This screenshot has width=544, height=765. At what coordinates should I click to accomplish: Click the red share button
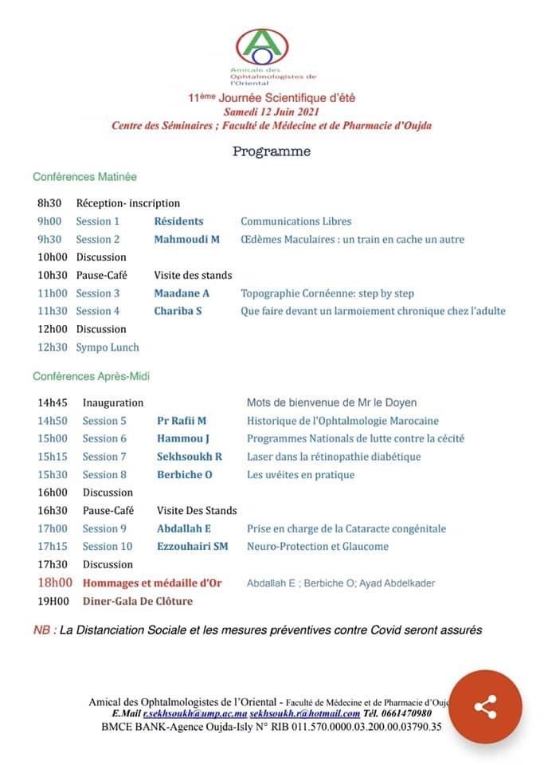(x=485, y=706)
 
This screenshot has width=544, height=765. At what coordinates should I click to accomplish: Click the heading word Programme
(x=272, y=151)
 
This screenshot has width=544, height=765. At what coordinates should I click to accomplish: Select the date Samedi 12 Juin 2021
(x=272, y=112)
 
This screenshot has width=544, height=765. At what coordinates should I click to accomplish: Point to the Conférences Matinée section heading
(x=84, y=177)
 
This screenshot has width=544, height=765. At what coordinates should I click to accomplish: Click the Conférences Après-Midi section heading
(x=91, y=376)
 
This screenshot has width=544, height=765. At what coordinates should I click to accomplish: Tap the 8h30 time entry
(x=49, y=203)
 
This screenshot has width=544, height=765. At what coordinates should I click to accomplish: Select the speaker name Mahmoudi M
(x=186, y=239)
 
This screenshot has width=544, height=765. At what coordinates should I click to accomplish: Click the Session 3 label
(x=98, y=293)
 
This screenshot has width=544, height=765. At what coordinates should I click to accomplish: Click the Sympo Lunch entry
(x=108, y=347)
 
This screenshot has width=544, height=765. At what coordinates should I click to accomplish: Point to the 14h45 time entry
(x=53, y=403)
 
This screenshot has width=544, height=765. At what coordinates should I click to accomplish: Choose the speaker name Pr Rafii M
(x=182, y=421)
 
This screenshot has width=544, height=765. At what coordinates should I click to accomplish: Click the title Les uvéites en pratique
(x=300, y=475)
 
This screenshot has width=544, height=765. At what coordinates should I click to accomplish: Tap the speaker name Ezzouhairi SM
(x=192, y=547)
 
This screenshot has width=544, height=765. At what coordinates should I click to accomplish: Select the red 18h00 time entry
(x=55, y=583)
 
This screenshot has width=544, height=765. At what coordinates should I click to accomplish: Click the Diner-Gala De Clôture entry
(x=137, y=601)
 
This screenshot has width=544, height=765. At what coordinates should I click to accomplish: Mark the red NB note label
(x=45, y=630)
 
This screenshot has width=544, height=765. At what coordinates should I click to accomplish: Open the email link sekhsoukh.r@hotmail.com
(x=305, y=713)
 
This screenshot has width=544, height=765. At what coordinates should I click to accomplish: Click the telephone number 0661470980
(x=409, y=713)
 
